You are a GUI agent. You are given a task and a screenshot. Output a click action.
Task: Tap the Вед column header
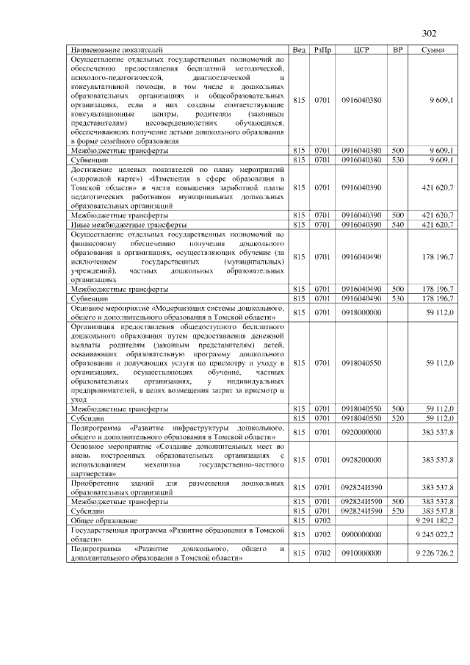pyautogui.click(x=299, y=49)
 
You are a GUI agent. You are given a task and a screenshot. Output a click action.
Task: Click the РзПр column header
pyautogui.click(x=322, y=49)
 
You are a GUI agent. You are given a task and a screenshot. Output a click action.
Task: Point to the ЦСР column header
pyautogui.click(x=361, y=49)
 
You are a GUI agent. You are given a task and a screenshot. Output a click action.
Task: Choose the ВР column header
pyautogui.click(x=397, y=49)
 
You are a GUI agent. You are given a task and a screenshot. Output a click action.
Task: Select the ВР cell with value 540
pyautogui.click(x=397, y=224)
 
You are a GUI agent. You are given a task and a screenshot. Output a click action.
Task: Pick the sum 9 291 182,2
pyautogui.click(x=434, y=520)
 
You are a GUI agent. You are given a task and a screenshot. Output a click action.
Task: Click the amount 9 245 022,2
pyautogui.click(x=434, y=533)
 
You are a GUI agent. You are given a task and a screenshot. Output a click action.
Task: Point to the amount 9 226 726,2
pyautogui.click(x=434, y=553)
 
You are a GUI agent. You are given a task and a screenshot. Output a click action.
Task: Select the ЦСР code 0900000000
pyautogui.click(x=361, y=533)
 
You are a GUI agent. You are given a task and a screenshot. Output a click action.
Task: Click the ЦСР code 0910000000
pyautogui.click(x=361, y=553)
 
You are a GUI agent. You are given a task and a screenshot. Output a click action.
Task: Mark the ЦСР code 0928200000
pyautogui.click(x=361, y=459)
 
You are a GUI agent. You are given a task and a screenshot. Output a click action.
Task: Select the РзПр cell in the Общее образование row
pyautogui.click(x=322, y=520)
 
